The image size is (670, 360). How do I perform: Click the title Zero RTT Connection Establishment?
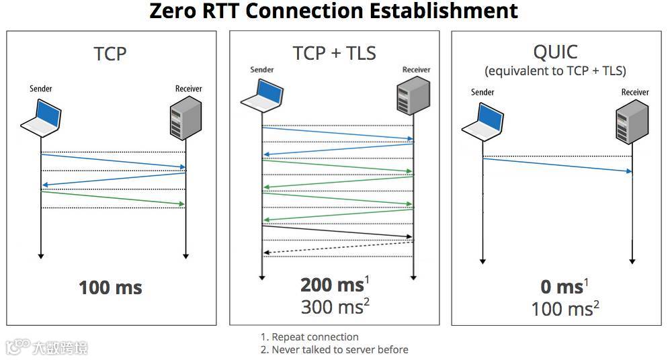[334, 11]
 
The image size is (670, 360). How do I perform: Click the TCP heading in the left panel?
[110, 54]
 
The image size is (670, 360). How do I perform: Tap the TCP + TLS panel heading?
[334, 53]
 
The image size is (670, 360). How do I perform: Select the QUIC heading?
[554, 52]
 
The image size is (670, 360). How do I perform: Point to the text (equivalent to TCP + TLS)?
[554, 71]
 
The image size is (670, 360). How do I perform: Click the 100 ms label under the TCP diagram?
[110, 288]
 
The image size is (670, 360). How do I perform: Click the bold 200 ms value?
[332, 285]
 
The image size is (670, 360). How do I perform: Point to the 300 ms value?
[332, 307]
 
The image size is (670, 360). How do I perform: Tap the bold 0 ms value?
[562, 287]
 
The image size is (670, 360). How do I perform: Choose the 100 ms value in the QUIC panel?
[562, 309]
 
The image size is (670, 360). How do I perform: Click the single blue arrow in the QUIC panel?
[558, 165]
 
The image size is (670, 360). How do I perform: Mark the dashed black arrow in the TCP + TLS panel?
[338, 247]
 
